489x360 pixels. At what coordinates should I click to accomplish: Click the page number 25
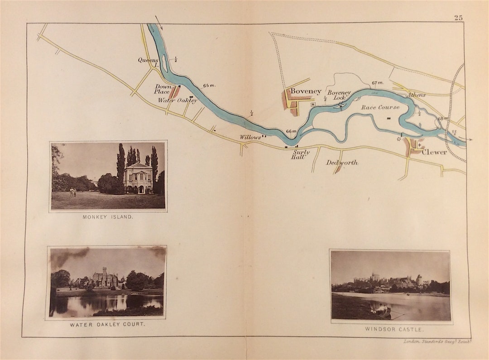[x=458, y=18]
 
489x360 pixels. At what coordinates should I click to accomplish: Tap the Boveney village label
[x=306, y=91]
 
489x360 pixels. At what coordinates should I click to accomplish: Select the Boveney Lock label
[x=339, y=95]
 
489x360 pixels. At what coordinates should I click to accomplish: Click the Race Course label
[x=380, y=107]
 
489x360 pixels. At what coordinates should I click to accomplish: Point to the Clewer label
[x=434, y=152]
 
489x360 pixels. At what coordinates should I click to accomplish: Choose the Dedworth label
[x=342, y=162]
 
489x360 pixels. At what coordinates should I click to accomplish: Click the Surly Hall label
[x=301, y=155]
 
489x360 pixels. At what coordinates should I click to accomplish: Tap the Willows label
[x=250, y=137]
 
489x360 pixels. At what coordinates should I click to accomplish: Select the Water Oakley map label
[x=177, y=101]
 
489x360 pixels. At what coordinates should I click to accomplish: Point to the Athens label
[x=416, y=95]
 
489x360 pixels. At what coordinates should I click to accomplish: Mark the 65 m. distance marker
[x=209, y=85]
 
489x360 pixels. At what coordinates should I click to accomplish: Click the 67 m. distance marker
[x=378, y=83]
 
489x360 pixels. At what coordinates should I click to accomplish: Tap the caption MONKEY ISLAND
[x=108, y=217]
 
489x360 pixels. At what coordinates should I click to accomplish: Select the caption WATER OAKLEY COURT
[x=107, y=325]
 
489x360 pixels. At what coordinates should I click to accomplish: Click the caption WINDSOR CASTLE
[x=390, y=329]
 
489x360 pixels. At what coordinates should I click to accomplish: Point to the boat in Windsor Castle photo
[x=380, y=311]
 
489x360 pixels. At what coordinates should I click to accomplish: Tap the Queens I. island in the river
[x=164, y=64]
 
